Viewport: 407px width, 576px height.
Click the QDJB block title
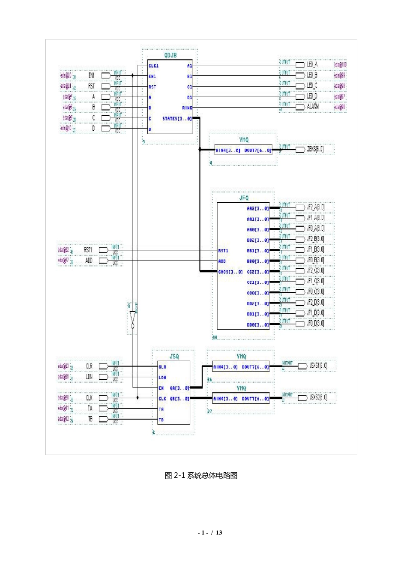pos(170,55)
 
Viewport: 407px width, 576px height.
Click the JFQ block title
pos(243,198)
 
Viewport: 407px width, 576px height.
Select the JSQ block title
pos(174,357)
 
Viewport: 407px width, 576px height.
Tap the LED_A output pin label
pos(312,65)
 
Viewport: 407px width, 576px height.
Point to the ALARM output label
pos(313,107)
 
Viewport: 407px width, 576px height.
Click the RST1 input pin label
pos(88,250)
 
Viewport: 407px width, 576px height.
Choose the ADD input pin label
pos(89,260)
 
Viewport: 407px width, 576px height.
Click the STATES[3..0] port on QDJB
pos(177,118)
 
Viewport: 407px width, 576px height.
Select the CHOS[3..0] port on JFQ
pos(230,272)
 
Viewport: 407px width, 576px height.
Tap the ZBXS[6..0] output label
pos(315,149)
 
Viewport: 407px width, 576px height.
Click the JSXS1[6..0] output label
pos(318,366)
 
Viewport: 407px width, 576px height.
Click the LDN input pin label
pos(89,377)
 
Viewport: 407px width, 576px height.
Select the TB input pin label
pos(90,419)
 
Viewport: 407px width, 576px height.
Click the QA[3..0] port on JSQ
pos(180,388)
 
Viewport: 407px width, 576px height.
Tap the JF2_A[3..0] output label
pos(315,207)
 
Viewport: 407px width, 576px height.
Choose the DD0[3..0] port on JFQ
pos(258,325)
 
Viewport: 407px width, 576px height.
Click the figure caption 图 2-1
pos(201,475)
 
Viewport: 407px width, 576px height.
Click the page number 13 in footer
pos(219,533)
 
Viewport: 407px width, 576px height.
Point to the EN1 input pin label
pos(91,75)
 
